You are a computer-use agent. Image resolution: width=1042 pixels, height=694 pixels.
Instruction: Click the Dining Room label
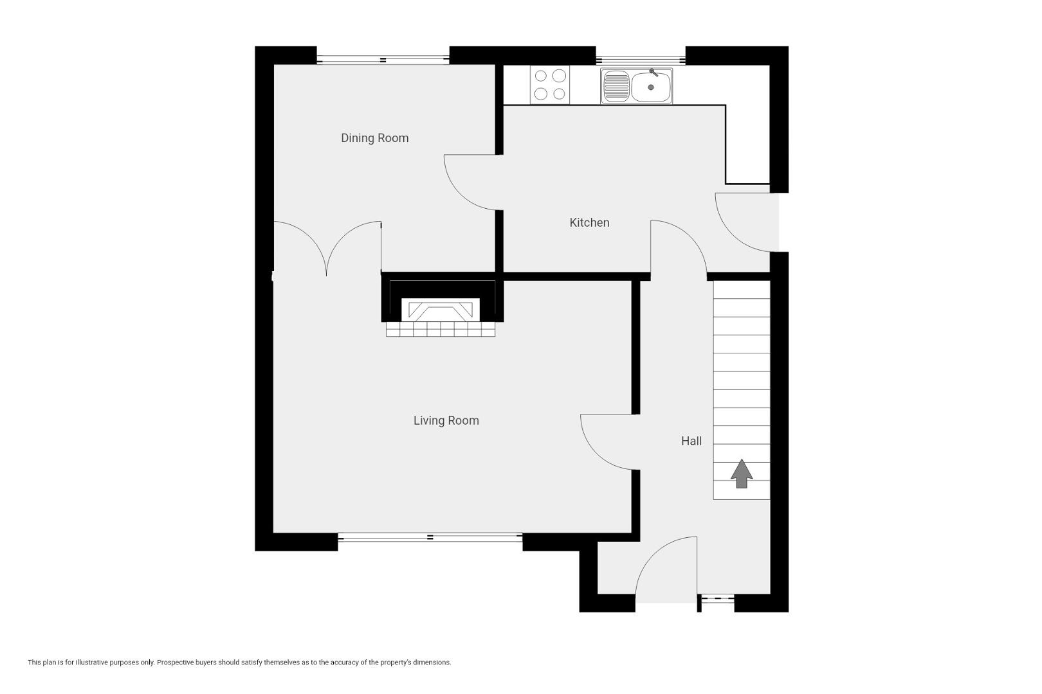click(374, 138)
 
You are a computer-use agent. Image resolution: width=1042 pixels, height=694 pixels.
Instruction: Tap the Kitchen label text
click(589, 222)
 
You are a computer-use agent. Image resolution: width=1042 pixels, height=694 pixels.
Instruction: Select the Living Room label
click(446, 421)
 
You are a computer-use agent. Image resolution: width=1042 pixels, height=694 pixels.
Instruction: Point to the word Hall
click(691, 441)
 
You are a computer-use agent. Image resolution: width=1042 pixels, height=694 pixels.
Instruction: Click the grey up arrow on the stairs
click(742, 474)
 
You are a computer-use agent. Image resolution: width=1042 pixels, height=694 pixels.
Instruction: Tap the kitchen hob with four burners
click(550, 85)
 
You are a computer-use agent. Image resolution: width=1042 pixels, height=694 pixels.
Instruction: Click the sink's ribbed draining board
click(616, 87)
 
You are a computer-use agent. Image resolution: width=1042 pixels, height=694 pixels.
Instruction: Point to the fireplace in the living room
click(441, 309)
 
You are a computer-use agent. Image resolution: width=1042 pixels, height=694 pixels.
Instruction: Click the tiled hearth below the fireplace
click(441, 329)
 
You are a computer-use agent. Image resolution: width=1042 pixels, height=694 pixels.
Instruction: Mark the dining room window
click(383, 60)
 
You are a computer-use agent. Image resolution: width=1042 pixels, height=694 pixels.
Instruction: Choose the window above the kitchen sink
click(641, 60)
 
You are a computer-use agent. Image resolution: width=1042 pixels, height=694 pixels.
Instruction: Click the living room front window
click(430, 537)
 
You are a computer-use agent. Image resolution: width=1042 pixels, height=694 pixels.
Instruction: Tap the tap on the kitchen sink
click(654, 72)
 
